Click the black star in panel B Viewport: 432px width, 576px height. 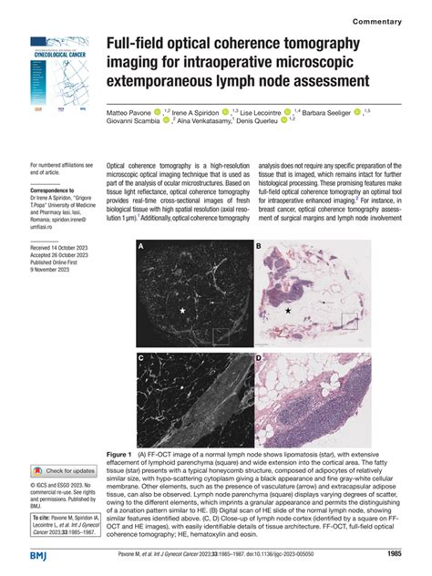click(288, 312)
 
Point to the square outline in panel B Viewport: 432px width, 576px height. click(350, 320)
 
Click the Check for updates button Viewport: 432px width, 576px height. click(66, 470)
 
